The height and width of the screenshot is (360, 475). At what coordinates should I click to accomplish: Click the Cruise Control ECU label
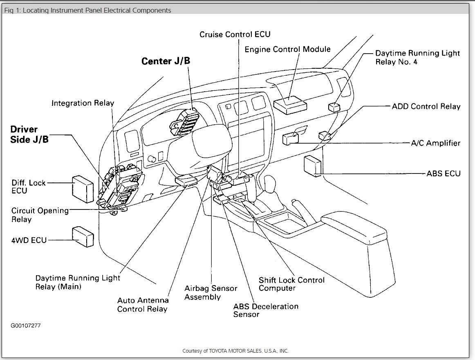point(235,34)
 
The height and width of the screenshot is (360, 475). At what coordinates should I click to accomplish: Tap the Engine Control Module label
point(287,49)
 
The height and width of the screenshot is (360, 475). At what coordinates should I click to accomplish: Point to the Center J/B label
point(166,61)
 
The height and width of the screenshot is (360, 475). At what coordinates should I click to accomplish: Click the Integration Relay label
point(83,103)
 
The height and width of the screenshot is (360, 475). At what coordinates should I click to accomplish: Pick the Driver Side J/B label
point(29,134)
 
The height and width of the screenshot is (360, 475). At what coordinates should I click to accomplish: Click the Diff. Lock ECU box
point(83,189)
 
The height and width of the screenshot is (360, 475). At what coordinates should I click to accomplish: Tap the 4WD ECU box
point(83,236)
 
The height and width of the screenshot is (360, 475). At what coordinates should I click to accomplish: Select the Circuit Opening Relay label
point(40,215)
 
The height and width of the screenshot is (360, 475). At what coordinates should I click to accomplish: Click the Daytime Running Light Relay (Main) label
point(78,282)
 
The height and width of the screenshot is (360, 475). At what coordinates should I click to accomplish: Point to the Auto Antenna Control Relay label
point(143,304)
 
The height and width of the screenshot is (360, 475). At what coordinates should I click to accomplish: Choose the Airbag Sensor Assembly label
point(211,292)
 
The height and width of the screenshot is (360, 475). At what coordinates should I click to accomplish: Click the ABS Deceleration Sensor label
point(266,310)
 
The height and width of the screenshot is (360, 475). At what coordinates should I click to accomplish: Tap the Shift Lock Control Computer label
point(291,284)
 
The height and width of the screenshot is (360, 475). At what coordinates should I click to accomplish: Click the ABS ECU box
point(313,166)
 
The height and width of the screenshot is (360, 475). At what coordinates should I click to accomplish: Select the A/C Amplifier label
point(435,143)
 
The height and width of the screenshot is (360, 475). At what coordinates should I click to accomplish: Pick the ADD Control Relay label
point(426,106)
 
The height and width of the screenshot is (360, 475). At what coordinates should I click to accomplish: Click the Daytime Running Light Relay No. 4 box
point(334,107)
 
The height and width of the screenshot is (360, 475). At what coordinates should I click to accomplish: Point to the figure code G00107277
point(26,326)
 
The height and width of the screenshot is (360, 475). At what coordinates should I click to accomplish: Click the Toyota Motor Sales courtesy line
point(235,351)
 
